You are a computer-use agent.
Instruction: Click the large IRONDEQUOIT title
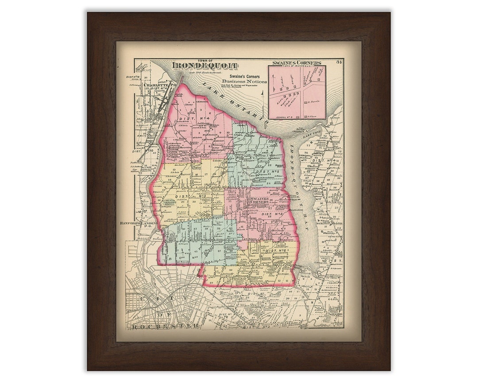pyautogui.click(x=204, y=66)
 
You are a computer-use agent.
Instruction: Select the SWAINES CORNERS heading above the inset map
pyautogui.click(x=297, y=63)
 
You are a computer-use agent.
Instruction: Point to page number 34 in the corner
pyautogui.click(x=339, y=62)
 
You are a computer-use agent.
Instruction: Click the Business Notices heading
pyautogui.click(x=245, y=82)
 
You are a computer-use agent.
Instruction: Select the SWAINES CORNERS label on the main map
pyautogui.click(x=260, y=200)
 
